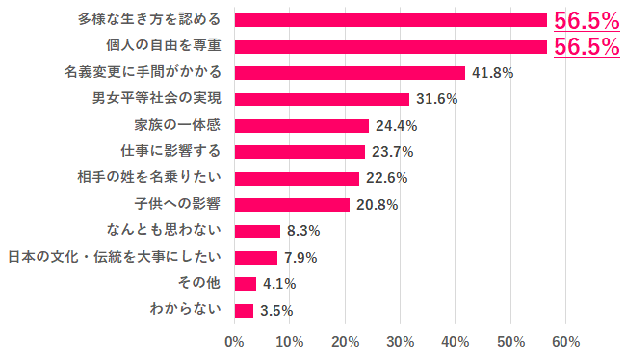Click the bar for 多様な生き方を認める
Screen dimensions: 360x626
[390, 20]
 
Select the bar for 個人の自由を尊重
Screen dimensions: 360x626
[390, 46]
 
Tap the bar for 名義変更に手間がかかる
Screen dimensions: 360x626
[350, 72]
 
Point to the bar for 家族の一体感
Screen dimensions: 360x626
[301, 125]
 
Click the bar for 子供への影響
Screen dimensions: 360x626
[292, 204]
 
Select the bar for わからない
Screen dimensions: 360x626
[244, 310]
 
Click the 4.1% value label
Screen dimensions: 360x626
[279, 284]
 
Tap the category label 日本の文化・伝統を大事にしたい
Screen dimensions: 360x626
[115, 257]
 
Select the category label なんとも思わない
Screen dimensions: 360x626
[165, 230]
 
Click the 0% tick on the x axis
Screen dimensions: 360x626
[234, 341]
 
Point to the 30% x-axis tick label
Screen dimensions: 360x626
[401, 341]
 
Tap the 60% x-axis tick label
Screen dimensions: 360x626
[565, 341]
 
